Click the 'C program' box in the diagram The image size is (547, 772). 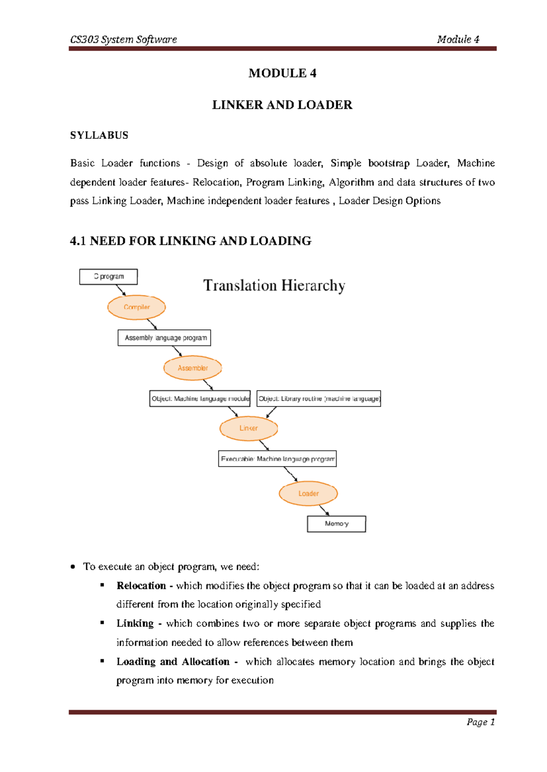click(108, 277)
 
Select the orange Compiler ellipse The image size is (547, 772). click(136, 307)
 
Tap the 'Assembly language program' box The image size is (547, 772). click(164, 338)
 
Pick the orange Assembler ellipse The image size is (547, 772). click(192, 368)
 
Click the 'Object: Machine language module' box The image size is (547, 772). click(200, 399)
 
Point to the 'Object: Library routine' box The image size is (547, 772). click(319, 399)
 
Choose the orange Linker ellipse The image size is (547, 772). click(248, 428)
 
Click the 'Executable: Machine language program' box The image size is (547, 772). click(277, 459)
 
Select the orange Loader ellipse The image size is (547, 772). click(308, 493)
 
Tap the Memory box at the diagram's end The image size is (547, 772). click(336, 524)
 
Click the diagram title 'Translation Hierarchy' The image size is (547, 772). click(274, 285)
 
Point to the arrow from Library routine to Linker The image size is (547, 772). click(271, 412)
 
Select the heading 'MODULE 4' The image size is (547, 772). click(282, 73)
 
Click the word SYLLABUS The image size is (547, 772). click(99, 135)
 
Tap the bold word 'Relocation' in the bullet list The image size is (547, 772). click(141, 586)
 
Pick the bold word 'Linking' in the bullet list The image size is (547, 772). click(135, 624)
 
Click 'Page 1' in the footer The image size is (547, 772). click(480, 722)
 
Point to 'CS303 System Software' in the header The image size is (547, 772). click(124, 40)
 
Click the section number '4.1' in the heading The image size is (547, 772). click(78, 241)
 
